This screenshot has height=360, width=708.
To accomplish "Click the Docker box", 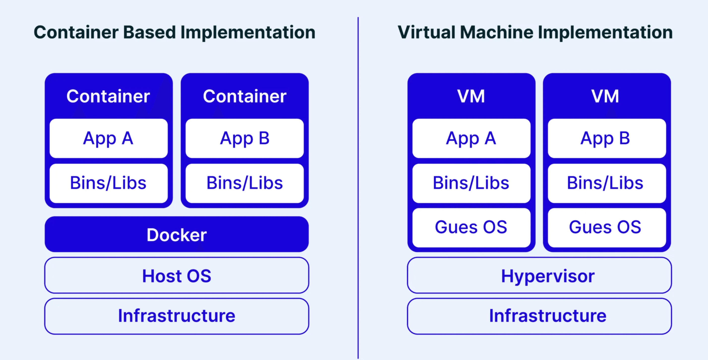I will [x=177, y=234].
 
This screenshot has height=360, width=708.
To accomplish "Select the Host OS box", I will [x=177, y=275].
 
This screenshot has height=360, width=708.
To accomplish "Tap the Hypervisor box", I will [x=539, y=275].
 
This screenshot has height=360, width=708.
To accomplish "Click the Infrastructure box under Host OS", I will [x=177, y=316].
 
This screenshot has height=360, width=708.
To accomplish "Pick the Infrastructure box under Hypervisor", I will [x=539, y=316].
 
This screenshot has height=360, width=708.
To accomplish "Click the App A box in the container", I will [x=109, y=138].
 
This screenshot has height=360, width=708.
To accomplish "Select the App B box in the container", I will [x=245, y=138].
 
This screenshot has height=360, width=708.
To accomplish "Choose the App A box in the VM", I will [x=471, y=138].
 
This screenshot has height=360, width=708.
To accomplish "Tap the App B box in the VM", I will [x=607, y=138].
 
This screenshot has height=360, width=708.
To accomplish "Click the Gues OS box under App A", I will [x=471, y=227].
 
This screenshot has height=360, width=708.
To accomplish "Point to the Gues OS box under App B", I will [x=607, y=227].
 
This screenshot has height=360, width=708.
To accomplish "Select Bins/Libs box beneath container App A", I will [x=109, y=183].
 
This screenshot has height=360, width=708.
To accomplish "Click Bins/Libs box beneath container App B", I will [x=245, y=183].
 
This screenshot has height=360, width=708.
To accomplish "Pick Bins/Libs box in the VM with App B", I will [x=607, y=183].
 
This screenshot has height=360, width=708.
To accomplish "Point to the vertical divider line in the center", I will [x=358, y=187].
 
